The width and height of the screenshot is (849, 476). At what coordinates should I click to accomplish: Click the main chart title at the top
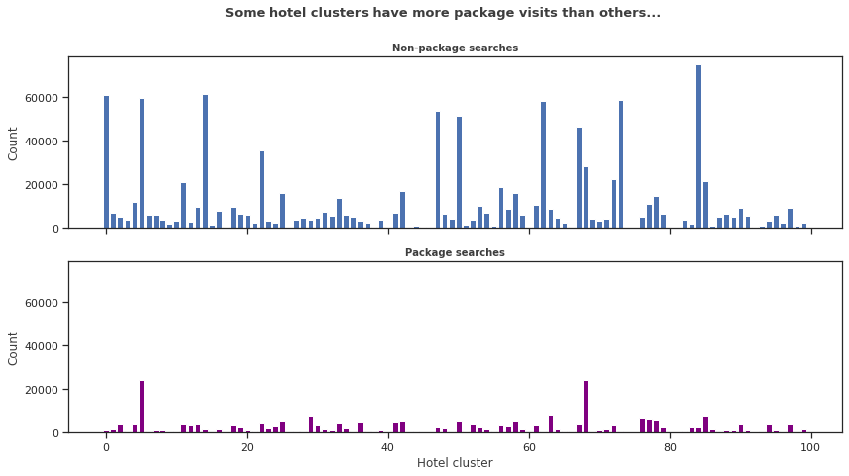[x=442, y=13]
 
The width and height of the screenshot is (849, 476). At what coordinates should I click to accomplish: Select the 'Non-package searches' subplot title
[x=455, y=48]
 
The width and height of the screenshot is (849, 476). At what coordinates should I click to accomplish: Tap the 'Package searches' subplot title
[x=455, y=252]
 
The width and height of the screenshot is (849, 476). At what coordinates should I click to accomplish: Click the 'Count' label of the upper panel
[x=14, y=143]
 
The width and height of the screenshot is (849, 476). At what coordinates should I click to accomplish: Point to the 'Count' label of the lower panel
[x=14, y=347]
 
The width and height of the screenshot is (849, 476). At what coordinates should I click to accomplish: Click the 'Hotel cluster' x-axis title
[x=455, y=462]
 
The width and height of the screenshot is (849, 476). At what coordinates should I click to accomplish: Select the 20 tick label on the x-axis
[x=247, y=446]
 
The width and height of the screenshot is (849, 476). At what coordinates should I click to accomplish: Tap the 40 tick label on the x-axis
[x=388, y=446]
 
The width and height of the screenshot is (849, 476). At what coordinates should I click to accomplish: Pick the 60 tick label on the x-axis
[x=529, y=446]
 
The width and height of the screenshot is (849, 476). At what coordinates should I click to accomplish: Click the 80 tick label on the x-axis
[x=670, y=446]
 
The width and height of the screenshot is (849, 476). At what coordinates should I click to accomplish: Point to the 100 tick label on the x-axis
[x=811, y=446]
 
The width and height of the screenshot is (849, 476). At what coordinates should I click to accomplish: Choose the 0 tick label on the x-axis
[x=106, y=446]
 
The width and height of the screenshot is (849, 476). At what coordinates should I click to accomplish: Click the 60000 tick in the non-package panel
[x=44, y=98]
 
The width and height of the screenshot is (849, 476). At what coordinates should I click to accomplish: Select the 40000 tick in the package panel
[x=44, y=346]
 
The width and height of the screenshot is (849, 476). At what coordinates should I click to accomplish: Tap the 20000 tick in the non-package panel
[x=44, y=185]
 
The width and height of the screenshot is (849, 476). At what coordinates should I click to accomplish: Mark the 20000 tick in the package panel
[x=44, y=390]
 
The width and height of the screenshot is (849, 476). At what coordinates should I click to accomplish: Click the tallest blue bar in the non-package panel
[x=698, y=148]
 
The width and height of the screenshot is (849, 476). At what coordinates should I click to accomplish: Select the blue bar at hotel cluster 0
[x=106, y=163]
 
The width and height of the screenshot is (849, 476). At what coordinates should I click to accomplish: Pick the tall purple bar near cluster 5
[x=142, y=407]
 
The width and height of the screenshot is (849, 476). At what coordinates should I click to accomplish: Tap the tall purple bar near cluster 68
[x=585, y=407]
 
